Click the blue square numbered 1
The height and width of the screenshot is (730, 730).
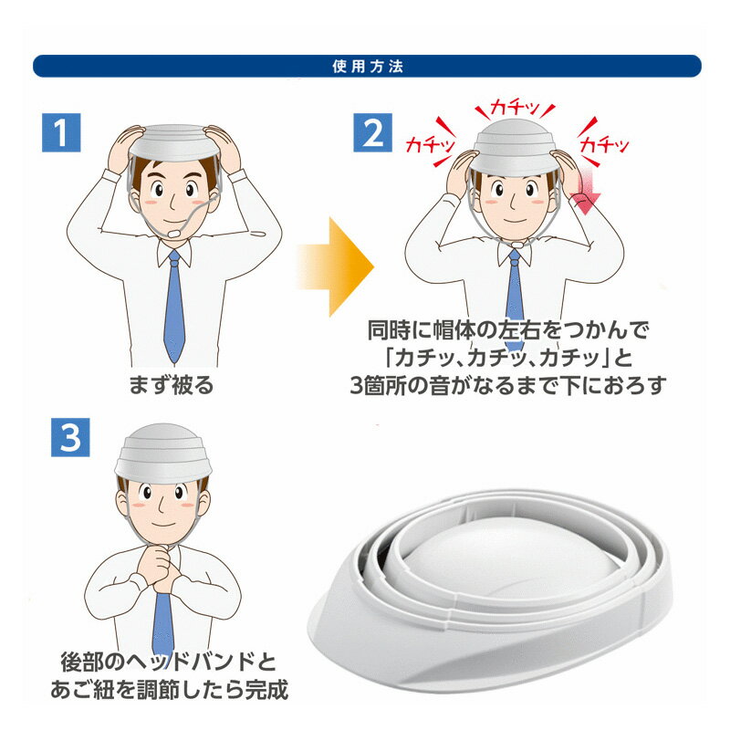click(x=61, y=132)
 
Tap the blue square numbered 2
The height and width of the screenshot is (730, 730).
click(x=372, y=132)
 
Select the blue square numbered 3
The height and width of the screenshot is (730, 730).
click(x=70, y=437)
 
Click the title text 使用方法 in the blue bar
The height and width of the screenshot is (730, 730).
click(x=368, y=67)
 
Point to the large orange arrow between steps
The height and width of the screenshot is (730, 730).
click(x=335, y=266)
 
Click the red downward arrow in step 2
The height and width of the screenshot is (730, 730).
click(x=586, y=191)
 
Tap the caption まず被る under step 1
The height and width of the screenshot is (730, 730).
click(x=172, y=385)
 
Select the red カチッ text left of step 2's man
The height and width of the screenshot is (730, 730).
click(x=430, y=144)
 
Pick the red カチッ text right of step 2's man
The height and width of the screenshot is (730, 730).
click(x=604, y=145)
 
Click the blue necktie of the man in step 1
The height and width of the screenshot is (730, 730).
click(x=174, y=306)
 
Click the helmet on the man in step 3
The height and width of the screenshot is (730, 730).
click(x=163, y=453)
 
